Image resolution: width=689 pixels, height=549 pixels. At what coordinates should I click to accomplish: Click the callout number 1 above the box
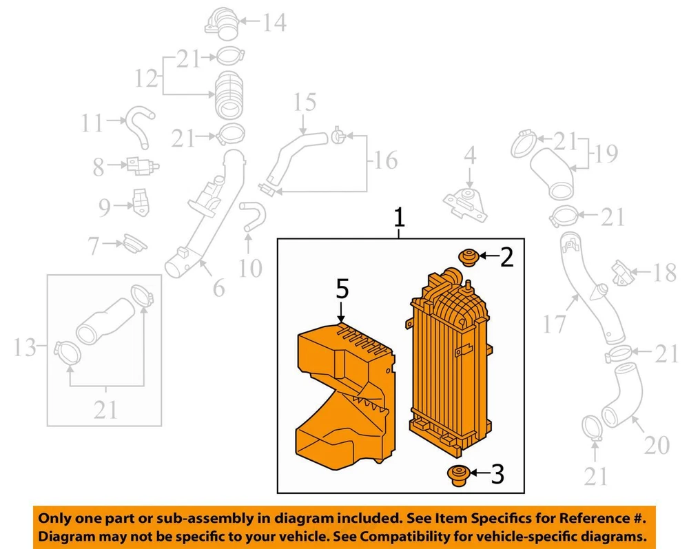coord(398,218)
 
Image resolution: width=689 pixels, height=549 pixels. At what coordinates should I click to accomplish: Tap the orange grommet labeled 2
coord(468,258)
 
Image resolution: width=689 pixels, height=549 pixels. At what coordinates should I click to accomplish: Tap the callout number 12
coord(146,79)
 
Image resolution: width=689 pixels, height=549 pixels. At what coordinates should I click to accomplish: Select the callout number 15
coord(305,103)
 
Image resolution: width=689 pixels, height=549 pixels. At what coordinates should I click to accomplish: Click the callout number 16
coord(386,161)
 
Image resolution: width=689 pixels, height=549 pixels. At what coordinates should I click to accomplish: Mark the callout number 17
coord(555,323)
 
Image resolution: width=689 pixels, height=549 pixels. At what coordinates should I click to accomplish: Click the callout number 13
coord(25,349)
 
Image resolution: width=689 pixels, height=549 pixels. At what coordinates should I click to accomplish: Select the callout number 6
coord(218,288)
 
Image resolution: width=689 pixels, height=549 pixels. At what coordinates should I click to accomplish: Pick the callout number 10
coord(250,267)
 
